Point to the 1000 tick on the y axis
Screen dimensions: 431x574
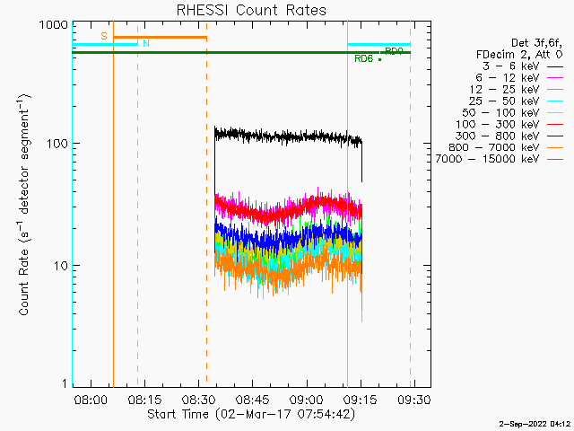[52, 25]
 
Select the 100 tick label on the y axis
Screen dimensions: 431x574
[56, 144]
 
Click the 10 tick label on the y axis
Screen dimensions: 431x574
[59, 266]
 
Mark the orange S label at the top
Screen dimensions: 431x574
[104, 36]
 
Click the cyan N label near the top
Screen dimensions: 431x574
[146, 43]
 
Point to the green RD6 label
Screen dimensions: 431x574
[363, 59]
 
